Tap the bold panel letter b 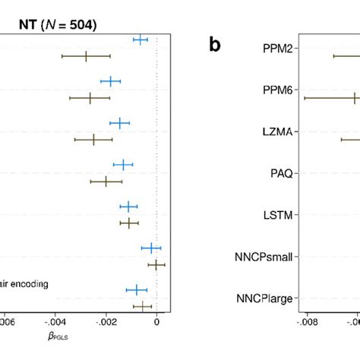(x=216, y=46)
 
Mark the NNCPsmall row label (x=264, y=257)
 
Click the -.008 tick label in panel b (x=306, y=322)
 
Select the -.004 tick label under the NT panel (x=55, y=322)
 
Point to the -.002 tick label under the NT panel (x=106, y=322)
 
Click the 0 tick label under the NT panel (x=156, y=322)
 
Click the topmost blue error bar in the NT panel (x=141, y=39)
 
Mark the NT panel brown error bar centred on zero (x=156, y=264)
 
